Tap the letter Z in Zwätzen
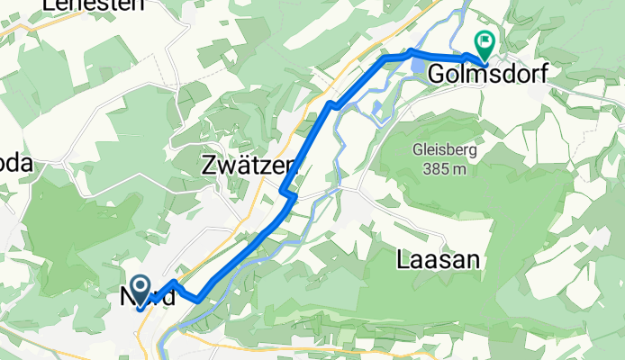[x=209, y=166]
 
